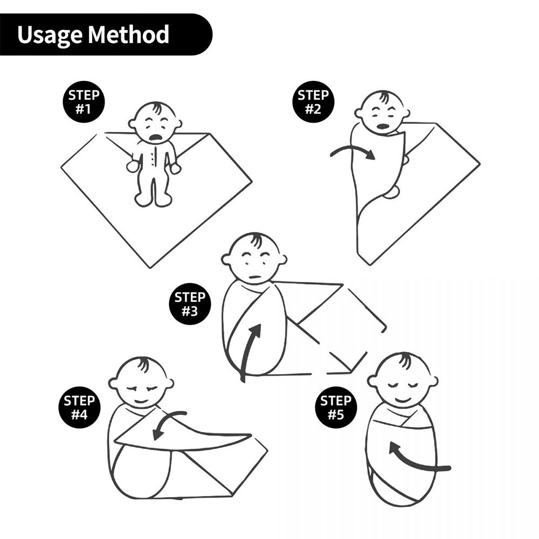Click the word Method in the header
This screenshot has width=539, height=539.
(x=129, y=34)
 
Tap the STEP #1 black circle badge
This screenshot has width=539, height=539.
(x=84, y=102)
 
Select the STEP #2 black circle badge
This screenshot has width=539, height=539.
(x=313, y=102)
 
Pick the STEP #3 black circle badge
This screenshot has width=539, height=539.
(x=190, y=304)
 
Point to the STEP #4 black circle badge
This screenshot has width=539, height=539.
(x=79, y=407)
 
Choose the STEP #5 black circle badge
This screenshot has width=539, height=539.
(x=336, y=407)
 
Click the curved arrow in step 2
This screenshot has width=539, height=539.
(x=354, y=149)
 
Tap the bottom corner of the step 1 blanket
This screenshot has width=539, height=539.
(x=150, y=268)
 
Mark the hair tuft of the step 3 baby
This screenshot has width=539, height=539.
(x=257, y=240)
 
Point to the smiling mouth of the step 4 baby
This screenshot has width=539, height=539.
(x=140, y=401)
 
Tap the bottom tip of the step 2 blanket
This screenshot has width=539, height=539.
(x=370, y=265)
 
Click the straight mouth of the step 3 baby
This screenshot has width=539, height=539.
(x=255, y=277)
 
